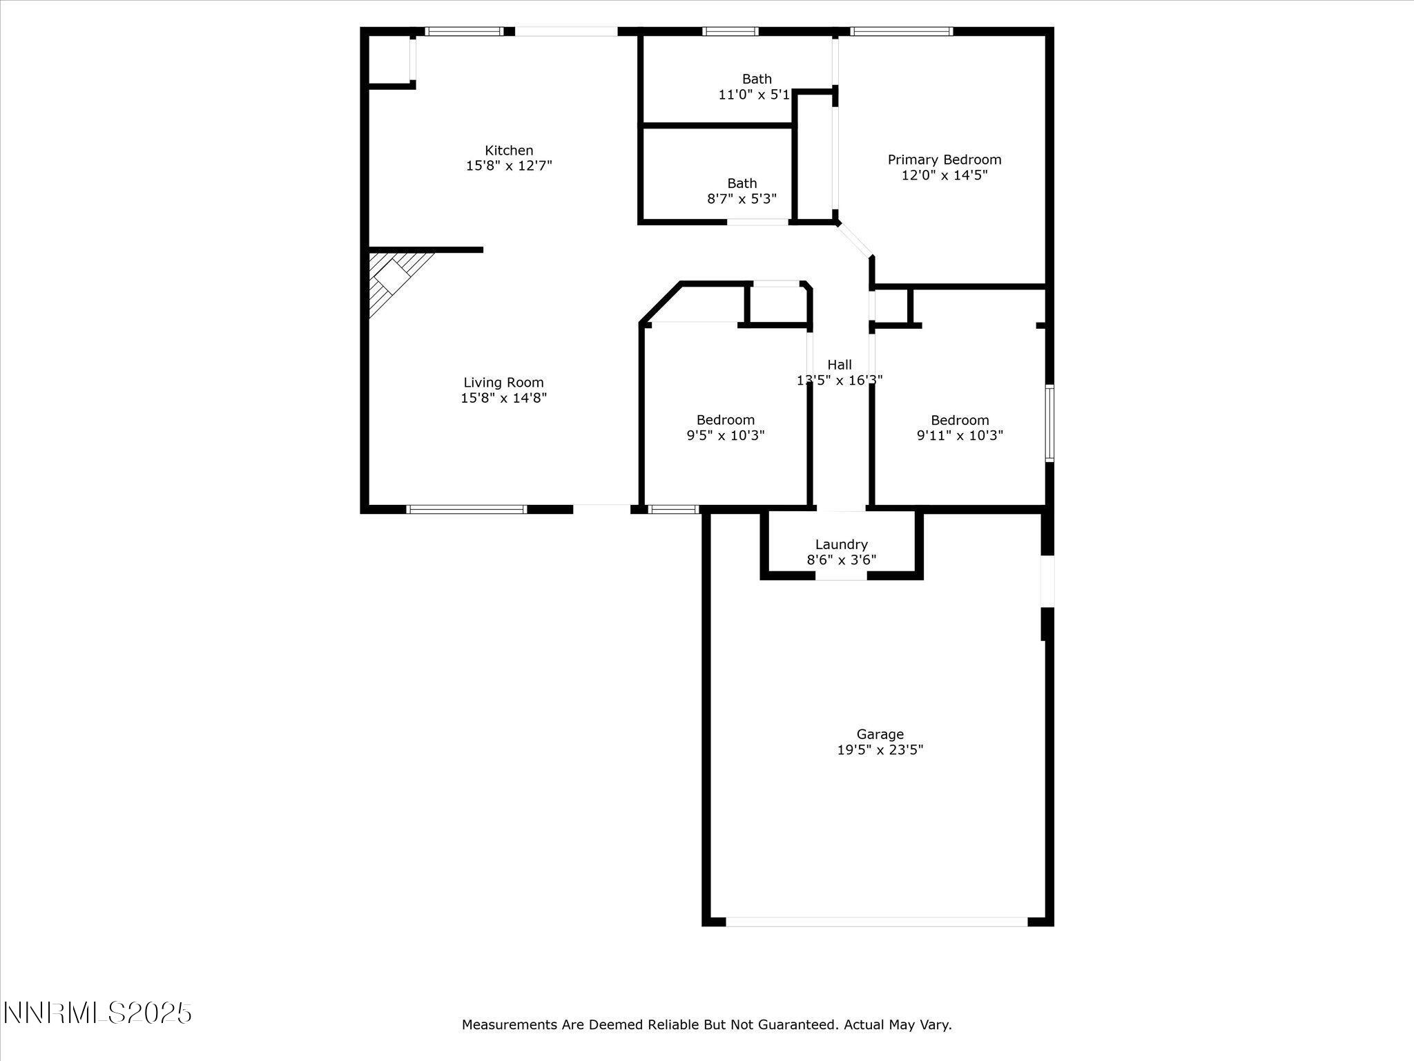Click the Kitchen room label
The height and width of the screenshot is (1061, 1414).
pos(509,151)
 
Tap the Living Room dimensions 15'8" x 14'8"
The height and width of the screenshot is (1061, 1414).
pos(503,398)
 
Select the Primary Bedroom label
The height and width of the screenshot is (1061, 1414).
pos(944,160)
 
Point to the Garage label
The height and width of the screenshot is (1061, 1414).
pos(880,734)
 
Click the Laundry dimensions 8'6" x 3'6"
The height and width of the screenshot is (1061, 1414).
pos(841,560)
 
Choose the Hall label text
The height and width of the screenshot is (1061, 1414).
pos(840,365)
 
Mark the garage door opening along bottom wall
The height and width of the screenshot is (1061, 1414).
pos(876,921)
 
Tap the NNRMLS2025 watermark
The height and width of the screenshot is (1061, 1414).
pos(97,1013)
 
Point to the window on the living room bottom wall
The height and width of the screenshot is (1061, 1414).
pos(467,509)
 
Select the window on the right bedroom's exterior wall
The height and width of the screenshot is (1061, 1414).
pos(1049,423)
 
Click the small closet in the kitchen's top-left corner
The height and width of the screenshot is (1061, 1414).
pos(389,60)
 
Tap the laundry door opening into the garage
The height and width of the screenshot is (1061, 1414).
pos(841,575)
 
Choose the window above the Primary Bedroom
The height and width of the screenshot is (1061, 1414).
pos(901,31)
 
